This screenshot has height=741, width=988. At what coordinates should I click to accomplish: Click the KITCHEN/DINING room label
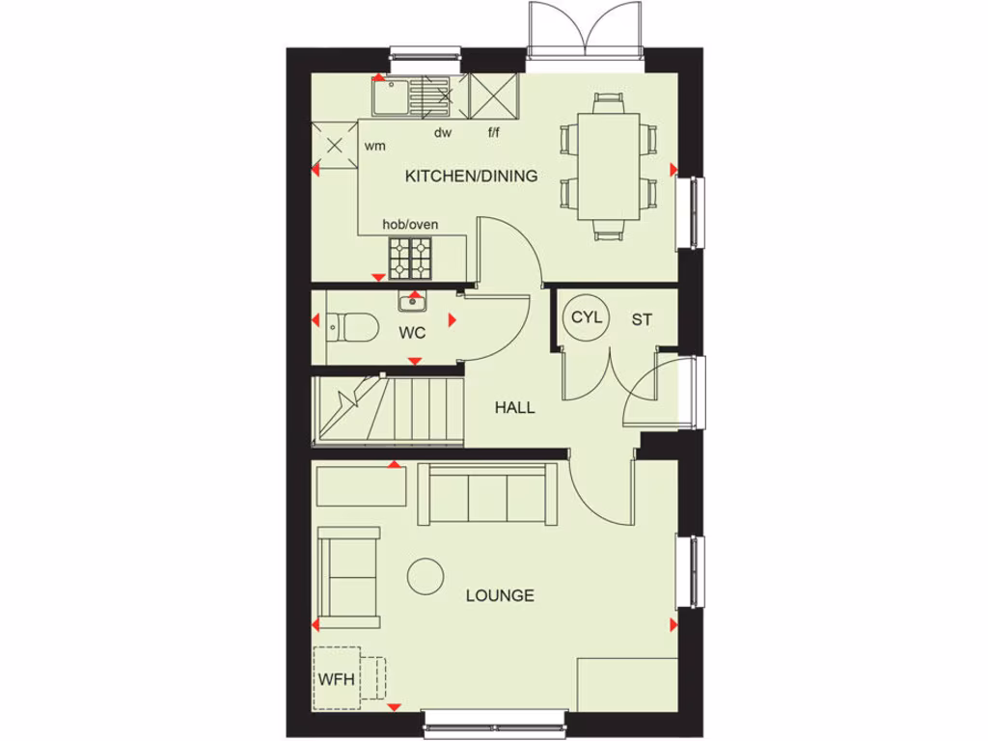[471, 177]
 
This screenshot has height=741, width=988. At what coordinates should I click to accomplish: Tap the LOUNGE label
[500, 595]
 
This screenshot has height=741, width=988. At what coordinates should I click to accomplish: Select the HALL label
[514, 408]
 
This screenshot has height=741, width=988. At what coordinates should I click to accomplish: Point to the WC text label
[413, 333]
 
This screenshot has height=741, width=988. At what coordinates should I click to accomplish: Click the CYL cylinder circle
[586, 317]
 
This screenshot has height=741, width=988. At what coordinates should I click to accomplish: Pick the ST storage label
[642, 319]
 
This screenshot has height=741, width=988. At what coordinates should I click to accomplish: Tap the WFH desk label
[337, 677]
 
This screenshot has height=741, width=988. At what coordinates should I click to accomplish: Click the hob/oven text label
[410, 225]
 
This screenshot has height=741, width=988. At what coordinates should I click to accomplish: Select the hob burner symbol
[410, 258]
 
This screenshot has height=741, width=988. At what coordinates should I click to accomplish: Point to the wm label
[375, 147]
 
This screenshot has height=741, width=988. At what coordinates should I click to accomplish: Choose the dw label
[443, 133]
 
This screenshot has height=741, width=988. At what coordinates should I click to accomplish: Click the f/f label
[493, 133]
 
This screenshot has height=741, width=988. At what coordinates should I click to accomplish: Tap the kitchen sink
[393, 96]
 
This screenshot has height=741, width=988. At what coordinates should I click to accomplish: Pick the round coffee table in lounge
[425, 576]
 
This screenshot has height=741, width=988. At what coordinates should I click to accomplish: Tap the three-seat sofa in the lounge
[488, 494]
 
